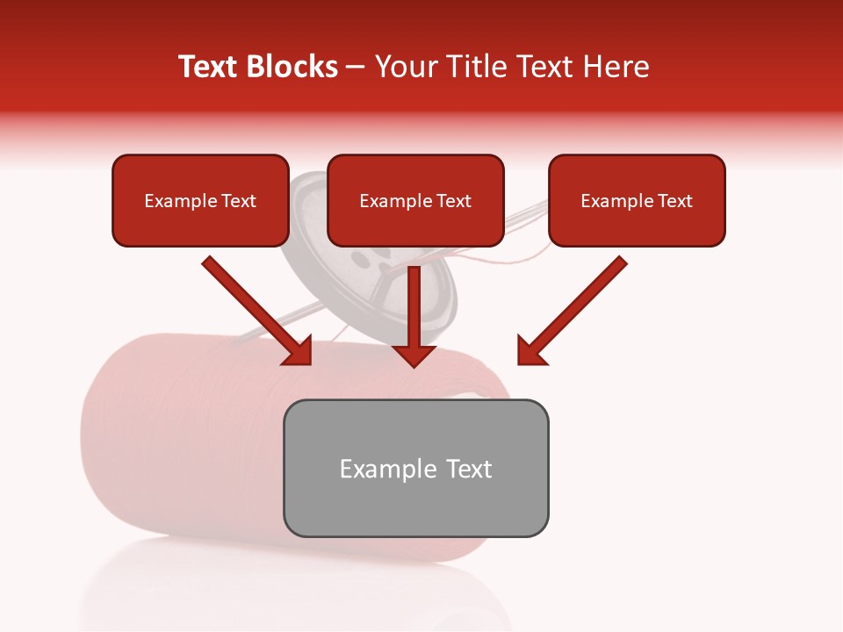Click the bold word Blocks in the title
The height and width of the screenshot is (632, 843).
292,67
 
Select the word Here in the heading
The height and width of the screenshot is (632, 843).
616,67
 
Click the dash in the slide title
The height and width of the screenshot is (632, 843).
356,68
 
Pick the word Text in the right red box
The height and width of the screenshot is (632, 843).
674,201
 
